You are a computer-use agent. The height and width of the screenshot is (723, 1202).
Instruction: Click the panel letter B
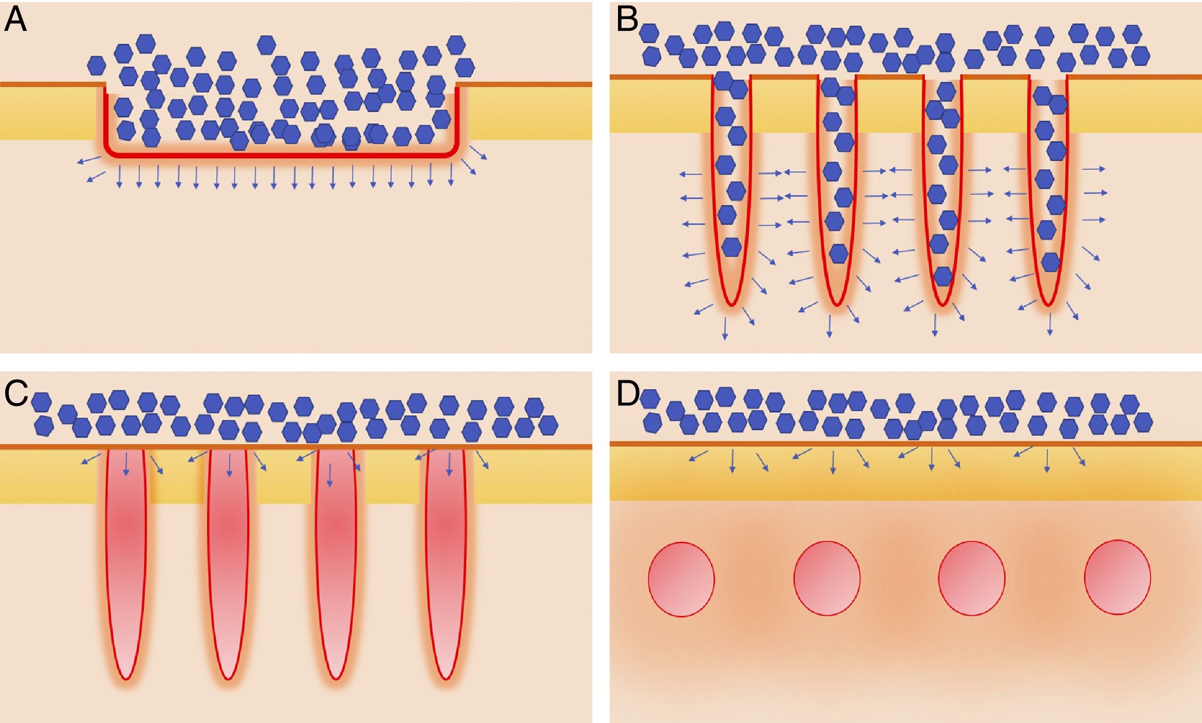627,20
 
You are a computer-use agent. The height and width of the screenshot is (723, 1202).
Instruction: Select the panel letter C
16,394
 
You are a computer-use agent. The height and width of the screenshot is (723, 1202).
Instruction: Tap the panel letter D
628,394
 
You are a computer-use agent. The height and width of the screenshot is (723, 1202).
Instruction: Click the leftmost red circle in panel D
681,579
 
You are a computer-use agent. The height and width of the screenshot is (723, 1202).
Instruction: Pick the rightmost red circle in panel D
1117,577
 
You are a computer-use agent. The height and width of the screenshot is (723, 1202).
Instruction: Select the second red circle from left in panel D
827,578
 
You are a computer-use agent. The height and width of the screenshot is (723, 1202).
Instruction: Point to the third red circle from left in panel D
971,578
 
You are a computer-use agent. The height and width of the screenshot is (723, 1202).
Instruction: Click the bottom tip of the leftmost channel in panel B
731,305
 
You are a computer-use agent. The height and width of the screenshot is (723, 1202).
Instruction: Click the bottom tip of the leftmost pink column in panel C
126,678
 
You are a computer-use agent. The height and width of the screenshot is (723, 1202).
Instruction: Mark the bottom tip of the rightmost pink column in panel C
445,678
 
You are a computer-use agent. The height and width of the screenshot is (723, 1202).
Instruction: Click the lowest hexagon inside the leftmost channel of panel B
731,247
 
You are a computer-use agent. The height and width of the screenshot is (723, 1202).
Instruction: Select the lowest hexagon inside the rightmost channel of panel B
1051,262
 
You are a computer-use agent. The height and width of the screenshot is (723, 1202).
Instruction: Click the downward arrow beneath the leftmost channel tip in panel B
725,328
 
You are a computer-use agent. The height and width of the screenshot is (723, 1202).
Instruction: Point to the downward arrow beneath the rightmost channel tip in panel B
1050,324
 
